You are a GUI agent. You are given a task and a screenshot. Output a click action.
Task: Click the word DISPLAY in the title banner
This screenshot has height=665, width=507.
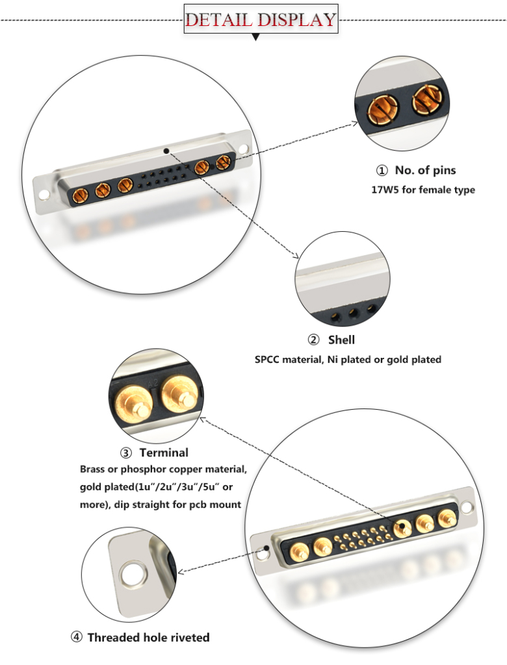point(296,19)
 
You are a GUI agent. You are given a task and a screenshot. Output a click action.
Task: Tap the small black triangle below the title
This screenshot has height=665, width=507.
point(255,38)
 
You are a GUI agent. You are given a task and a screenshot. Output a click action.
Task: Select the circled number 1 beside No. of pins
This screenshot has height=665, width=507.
point(382,171)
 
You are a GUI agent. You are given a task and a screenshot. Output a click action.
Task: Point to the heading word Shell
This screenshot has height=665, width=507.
point(341,340)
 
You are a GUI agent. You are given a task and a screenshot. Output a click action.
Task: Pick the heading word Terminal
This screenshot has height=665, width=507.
point(164,453)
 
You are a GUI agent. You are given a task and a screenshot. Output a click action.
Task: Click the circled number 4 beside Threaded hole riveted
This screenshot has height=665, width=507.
point(77,637)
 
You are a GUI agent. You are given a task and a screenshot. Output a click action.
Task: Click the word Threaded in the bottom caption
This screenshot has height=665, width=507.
point(114,637)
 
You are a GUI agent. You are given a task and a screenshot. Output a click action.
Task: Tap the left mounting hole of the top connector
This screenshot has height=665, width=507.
point(44,194)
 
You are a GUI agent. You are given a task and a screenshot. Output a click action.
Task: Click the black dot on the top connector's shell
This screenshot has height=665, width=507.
point(167,151)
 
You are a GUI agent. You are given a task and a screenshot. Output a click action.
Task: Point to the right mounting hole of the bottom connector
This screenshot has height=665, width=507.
point(466,505)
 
